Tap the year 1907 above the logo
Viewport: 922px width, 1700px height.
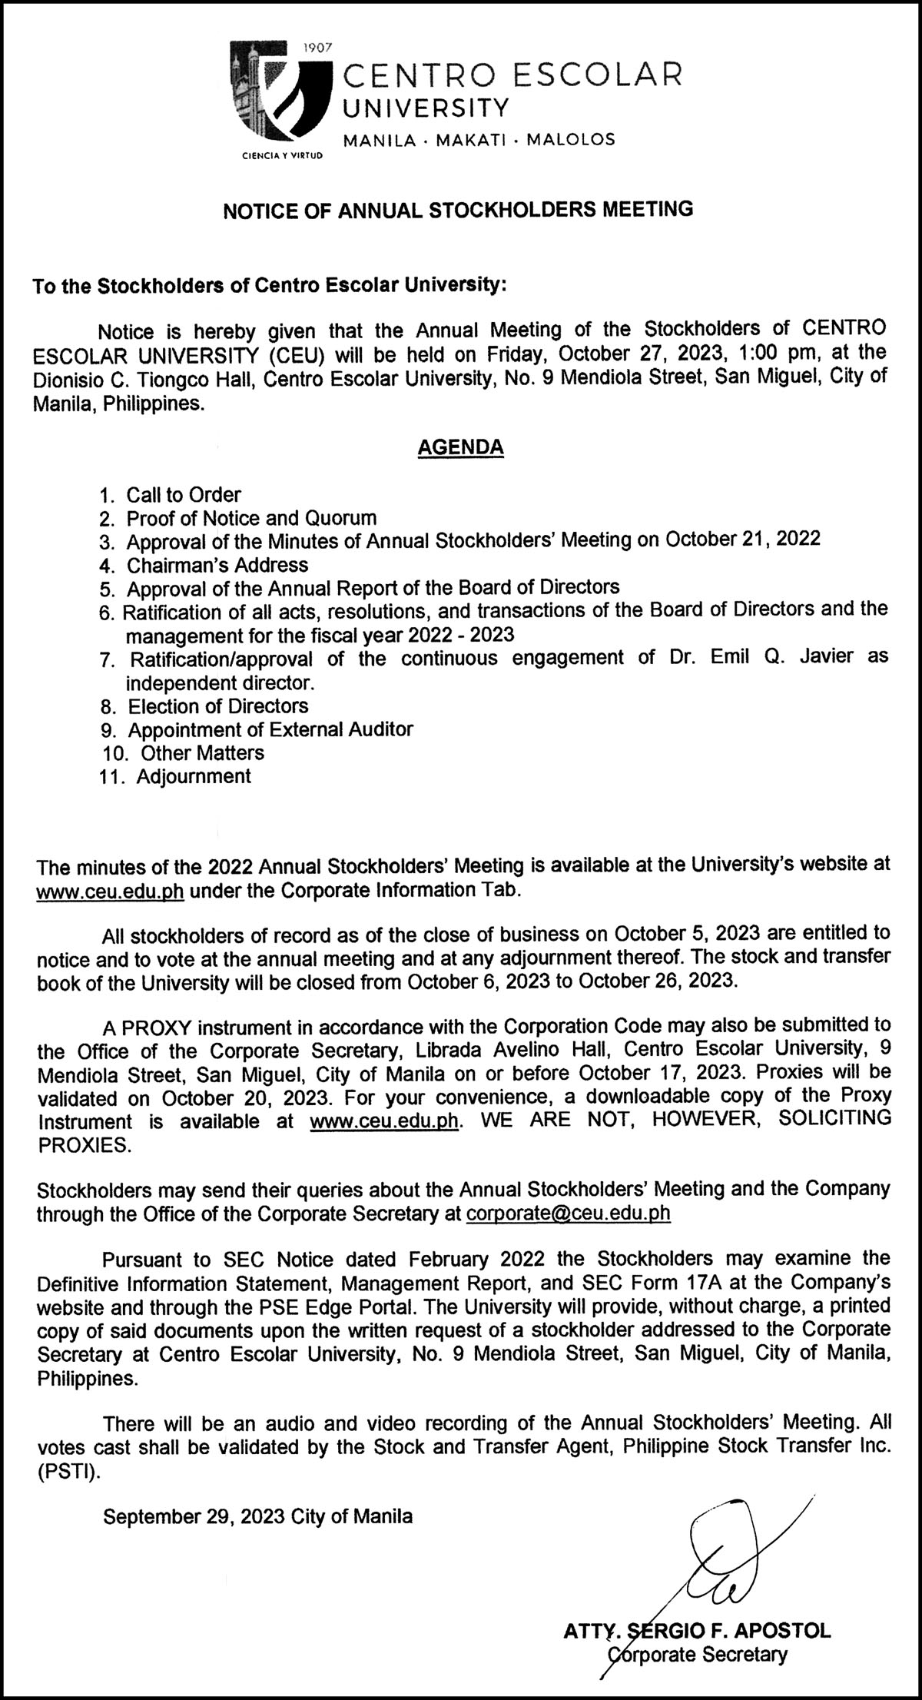pos(317,48)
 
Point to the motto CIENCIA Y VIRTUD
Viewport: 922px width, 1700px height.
pos(282,154)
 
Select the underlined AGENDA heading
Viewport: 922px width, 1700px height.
pos(460,447)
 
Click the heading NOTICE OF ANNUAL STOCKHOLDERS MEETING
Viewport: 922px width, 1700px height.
pos(458,210)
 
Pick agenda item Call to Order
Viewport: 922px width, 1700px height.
pos(184,494)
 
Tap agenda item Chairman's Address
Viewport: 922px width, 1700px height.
pos(217,565)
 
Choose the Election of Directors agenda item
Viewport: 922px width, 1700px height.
pos(218,706)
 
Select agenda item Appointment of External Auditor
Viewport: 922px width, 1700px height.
pos(270,729)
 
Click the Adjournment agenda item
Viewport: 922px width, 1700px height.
pos(194,776)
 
